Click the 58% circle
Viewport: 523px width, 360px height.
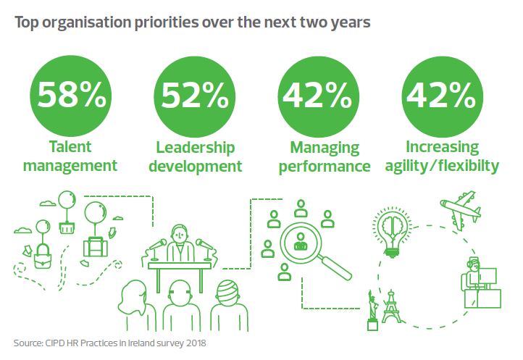click(70, 96)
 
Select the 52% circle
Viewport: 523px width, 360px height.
click(194, 97)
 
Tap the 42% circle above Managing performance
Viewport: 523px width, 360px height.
click(318, 97)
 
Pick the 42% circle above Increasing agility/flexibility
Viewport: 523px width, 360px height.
click(443, 97)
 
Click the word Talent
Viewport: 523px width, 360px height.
click(70, 147)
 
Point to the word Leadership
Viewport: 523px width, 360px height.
click(196, 148)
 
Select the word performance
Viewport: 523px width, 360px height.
click(325, 167)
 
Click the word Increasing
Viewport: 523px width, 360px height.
click(443, 148)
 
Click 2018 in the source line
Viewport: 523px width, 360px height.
click(196, 343)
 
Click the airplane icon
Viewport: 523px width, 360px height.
click(461, 209)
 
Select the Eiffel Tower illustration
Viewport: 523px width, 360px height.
click(391, 306)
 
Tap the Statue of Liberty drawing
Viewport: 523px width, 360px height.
click(372, 310)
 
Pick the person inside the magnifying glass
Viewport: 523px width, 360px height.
click(300, 242)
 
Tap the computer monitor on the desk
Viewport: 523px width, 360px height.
click(487, 277)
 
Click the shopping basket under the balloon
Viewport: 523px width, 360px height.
click(67, 228)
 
